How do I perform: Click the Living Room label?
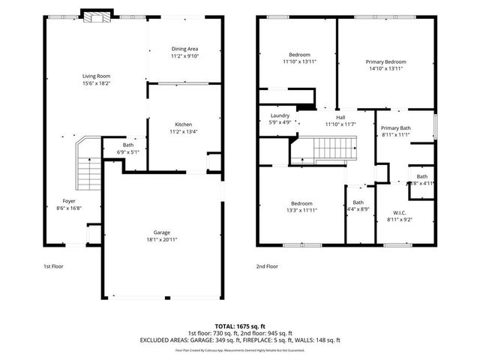pyautogui.click(x=96, y=76)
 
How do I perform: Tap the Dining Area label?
pyautogui.click(x=184, y=49)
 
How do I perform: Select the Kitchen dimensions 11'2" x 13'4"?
pyautogui.click(x=185, y=130)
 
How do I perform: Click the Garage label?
pyautogui.click(x=162, y=232)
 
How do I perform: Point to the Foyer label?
pyautogui.click(x=68, y=201)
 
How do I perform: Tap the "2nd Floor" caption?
pyautogui.click(x=267, y=266)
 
